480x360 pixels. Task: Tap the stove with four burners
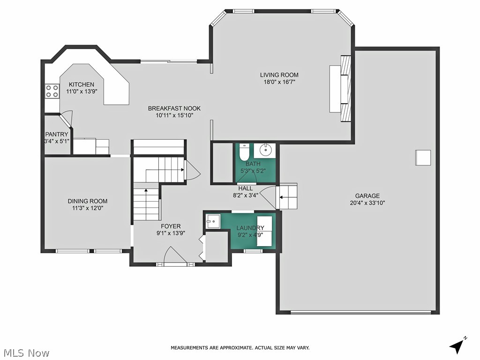pos(52,91)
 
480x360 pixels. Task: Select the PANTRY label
pos(57,134)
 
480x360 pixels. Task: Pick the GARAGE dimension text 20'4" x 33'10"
pos(367,203)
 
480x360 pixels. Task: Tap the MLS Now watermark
pos(26,352)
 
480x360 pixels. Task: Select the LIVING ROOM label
pos(279,75)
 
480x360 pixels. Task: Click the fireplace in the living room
pos(345,88)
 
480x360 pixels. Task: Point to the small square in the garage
pos(423,157)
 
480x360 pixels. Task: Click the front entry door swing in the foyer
pos(175,256)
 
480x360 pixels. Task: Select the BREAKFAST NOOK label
pos(171,108)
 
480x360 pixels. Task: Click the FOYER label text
pos(171,226)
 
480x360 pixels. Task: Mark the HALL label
pos(245,188)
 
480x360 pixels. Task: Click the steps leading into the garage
pos(287,196)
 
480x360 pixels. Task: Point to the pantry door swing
pos(67,119)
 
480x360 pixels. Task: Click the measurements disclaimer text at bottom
pos(240,348)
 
